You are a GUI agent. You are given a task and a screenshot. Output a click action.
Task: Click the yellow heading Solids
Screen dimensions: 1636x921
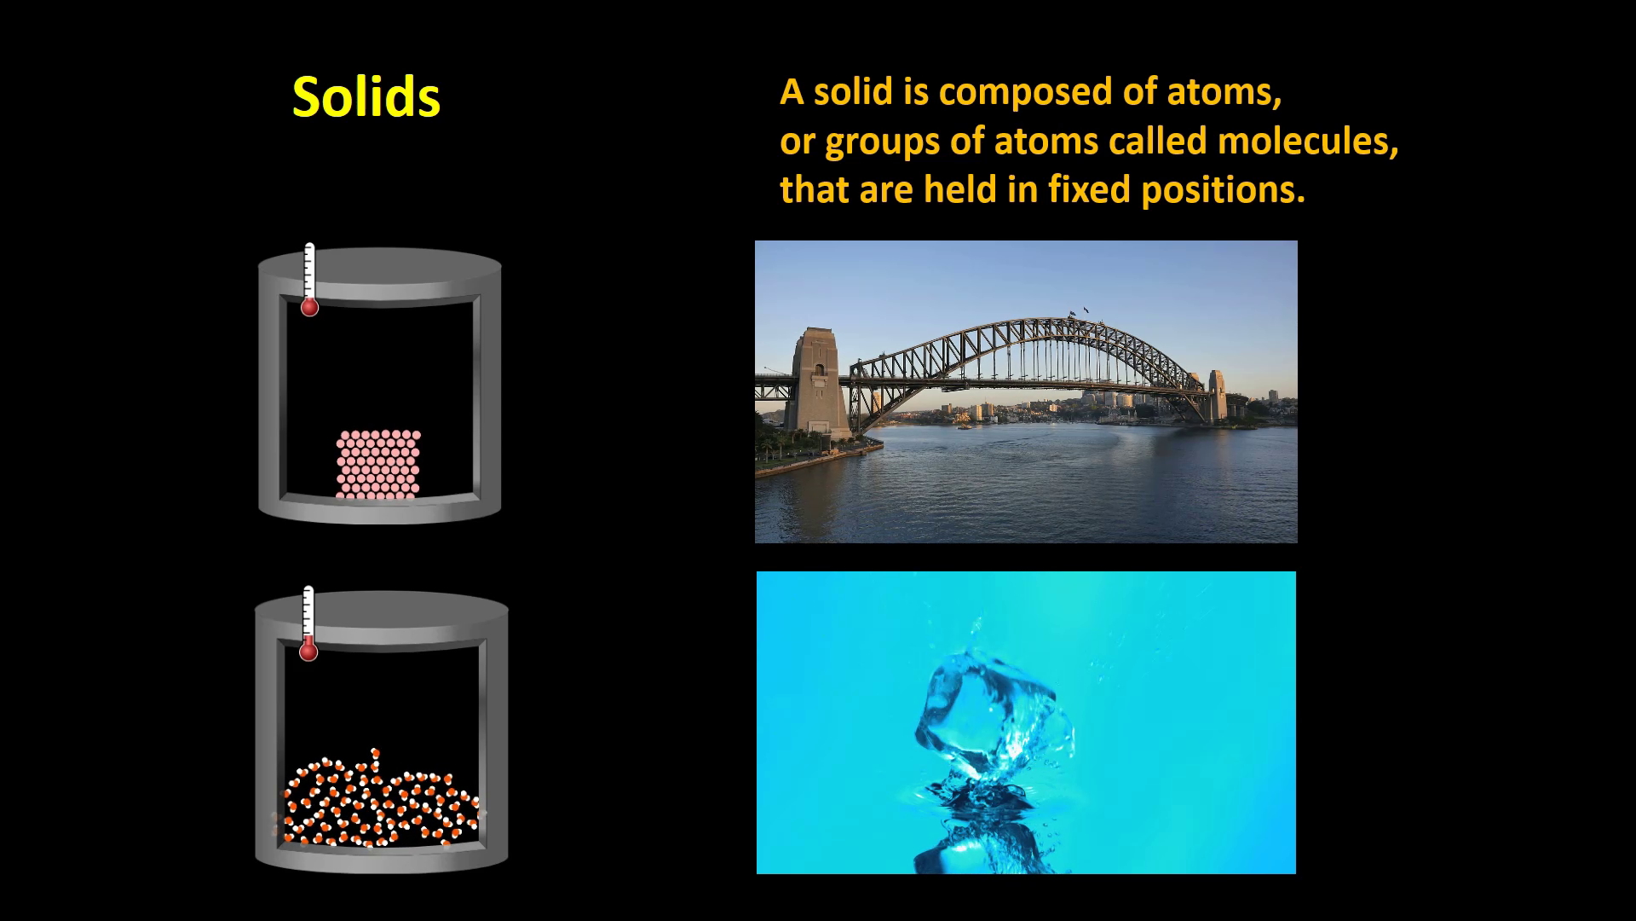pos(366,96)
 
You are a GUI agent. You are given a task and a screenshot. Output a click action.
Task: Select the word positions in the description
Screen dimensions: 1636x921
pos(1223,190)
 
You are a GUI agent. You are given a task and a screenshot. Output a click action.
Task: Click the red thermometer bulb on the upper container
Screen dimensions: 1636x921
pos(309,306)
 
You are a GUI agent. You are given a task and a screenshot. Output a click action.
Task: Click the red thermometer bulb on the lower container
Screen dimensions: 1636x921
pos(308,651)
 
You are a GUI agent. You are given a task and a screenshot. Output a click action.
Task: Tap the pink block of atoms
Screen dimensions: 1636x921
pos(378,464)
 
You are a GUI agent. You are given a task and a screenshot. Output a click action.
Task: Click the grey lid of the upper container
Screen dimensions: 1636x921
pos(380,266)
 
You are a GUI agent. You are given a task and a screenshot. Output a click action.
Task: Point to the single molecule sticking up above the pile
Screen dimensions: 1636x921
pos(375,759)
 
